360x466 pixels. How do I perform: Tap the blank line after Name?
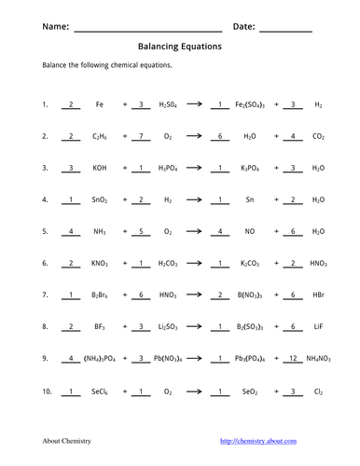(146, 29)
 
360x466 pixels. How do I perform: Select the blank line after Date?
(285, 29)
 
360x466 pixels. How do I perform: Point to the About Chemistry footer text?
(65, 440)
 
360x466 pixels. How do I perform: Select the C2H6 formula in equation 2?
(99, 136)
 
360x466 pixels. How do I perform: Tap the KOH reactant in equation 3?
(99, 168)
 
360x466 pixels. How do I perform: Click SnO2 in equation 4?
(99, 199)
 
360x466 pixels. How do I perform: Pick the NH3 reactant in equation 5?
(99, 231)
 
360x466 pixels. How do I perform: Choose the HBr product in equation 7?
(319, 295)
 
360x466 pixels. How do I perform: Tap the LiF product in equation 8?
(319, 326)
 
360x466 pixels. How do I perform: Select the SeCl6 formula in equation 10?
(99, 390)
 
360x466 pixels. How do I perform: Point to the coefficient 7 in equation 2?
(140, 136)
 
